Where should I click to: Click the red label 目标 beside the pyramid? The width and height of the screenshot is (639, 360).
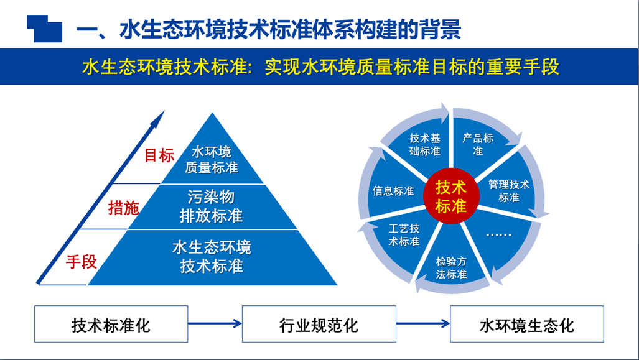click(x=159, y=155)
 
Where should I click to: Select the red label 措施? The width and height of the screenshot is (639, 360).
click(x=123, y=208)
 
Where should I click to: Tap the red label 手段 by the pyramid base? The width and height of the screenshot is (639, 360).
click(x=82, y=262)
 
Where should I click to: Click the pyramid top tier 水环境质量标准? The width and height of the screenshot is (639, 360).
click(x=212, y=160)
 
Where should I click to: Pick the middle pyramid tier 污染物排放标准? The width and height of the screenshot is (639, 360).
click(x=211, y=206)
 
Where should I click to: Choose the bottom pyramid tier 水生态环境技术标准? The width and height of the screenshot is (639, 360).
click(x=212, y=257)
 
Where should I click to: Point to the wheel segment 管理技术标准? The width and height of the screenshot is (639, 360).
click(x=509, y=191)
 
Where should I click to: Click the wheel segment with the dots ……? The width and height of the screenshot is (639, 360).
click(x=497, y=235)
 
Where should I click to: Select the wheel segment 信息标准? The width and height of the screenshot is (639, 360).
click(x=393, y=191)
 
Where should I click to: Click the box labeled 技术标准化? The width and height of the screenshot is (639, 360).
click(x=111, y=324)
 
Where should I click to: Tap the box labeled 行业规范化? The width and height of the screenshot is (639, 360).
click(x=319, y=324)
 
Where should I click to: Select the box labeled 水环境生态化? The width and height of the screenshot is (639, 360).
click(x=527, y=324)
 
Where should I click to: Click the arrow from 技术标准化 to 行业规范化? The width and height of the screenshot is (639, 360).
click(x=215, y=323)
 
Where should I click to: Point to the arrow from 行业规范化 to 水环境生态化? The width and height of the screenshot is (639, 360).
click(x=423, y=323)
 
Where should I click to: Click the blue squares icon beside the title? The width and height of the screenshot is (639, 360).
click(x=44, y=27)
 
